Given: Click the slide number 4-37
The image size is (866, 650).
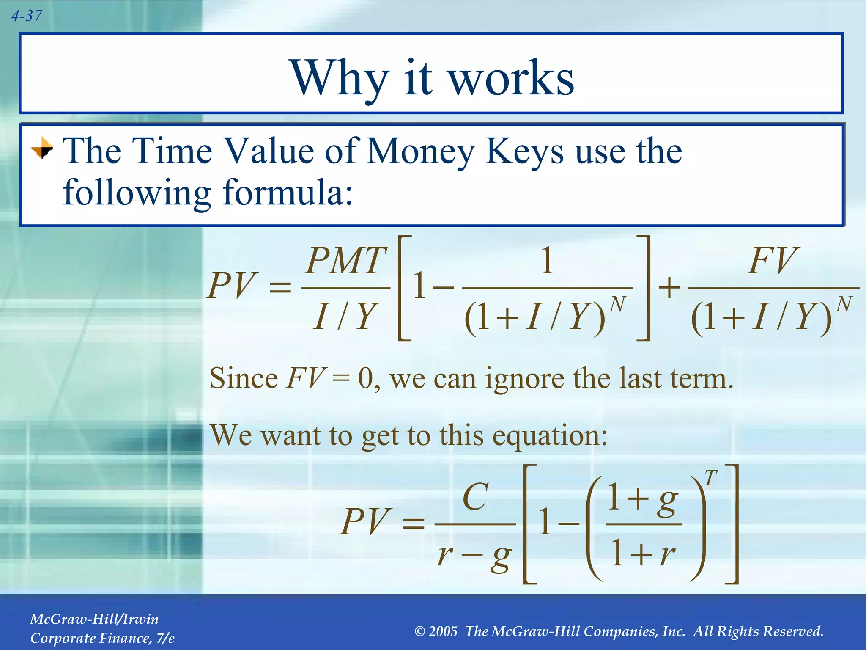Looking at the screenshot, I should tap(26, 16).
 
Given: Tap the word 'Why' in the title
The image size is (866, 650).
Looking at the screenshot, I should tap(338, 79).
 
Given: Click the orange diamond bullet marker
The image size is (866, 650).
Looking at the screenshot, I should tap(42, 149).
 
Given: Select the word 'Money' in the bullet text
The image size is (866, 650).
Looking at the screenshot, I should tap(420, 151).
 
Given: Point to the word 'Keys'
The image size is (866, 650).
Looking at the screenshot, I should tap(524, 151).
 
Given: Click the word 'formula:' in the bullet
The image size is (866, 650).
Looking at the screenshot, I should tap(288, 193).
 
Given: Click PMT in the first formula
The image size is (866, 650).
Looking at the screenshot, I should tap(346, 261).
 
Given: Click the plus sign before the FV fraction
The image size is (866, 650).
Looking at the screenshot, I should tap(669, 289).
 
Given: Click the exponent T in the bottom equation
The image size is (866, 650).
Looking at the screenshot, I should tap(711, 478).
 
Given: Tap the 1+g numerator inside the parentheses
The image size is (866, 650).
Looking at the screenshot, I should tap(643, 499).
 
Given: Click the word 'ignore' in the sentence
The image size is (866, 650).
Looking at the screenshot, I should tap(524, 378).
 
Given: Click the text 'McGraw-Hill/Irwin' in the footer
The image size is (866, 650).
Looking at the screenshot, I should tap(94, 619).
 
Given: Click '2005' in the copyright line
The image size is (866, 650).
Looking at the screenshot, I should tap(443, 631).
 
